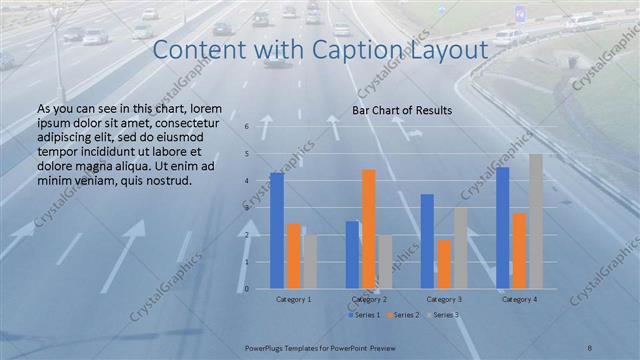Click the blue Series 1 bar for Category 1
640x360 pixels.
pyautogui.click(x=277, y=231)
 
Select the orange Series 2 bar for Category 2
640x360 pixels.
pyautogui.click(x=369, y=229)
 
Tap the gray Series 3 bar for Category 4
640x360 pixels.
pyautogui.click(x=536, y=221)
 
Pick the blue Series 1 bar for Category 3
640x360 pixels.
pyautogui.click(x=427, y=241)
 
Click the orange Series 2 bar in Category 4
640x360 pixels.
pyautogui.click(x=519, y=251)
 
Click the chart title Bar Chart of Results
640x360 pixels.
pyautogui.click(x=402, y=110)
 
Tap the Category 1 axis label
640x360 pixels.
pyautogui.click(x=293, y=299)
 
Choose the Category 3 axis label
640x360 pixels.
pyautogui.click(x=443, y=299)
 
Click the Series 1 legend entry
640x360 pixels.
pyautogui.click(x=366, y=315)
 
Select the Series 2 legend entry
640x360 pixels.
pyautogui.click(x=405, y=315)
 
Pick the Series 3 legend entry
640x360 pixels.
pyautogui.click(x=444, y=315)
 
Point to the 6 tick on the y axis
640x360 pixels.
pyautogui.click(x=246, y=127)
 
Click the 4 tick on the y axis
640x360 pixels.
pyautogui.click(x=246, y=181)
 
